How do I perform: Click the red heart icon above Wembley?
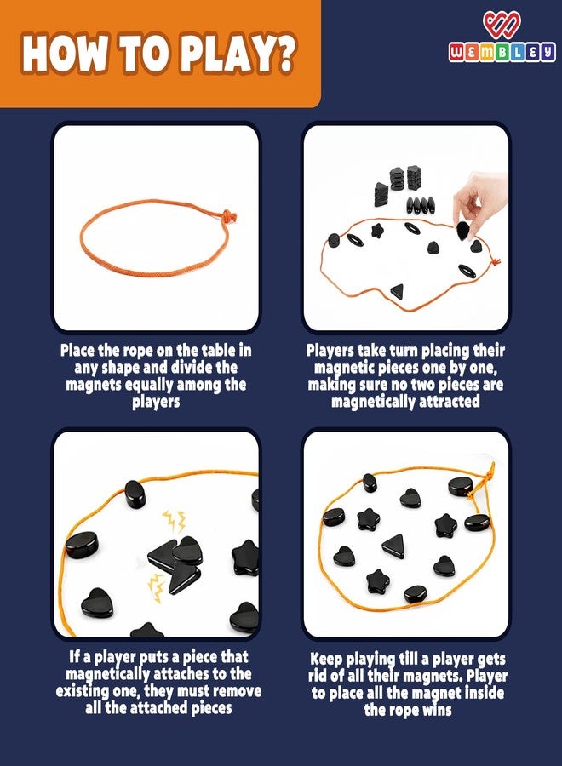502,26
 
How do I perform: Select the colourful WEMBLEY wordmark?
502,52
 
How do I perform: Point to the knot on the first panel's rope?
229,215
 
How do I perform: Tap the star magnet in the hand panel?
376,230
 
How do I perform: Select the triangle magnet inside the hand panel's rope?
398,291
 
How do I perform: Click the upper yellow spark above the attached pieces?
175,521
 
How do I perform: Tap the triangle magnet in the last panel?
394,546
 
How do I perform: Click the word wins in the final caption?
434,710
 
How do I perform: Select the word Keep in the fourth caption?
326,660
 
